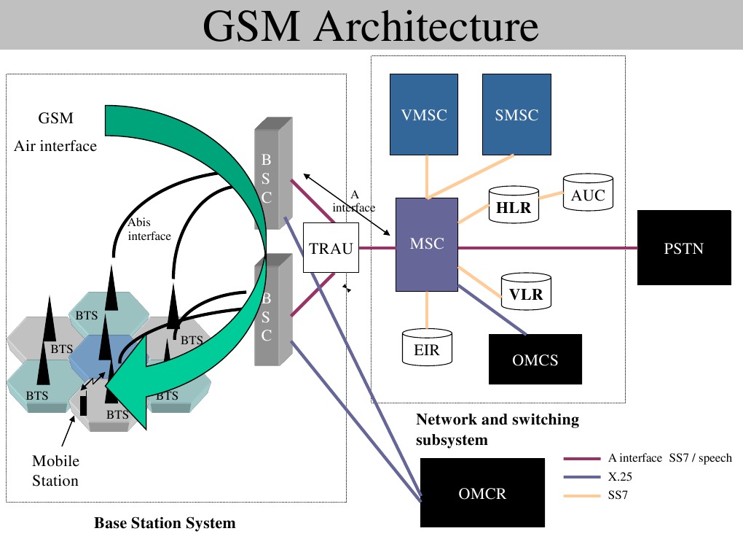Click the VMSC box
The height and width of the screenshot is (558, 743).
pos(424,115)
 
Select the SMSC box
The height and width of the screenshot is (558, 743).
pos(516,115)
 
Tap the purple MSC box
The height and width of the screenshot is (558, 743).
pos(426,244)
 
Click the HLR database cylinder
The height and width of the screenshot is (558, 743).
pos(514,204)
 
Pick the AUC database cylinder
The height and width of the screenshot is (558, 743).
pos(588,192)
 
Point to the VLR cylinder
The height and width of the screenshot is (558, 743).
pos(526,291)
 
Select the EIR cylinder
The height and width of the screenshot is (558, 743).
pos(427,347)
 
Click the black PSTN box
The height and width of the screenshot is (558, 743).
pos(684,248)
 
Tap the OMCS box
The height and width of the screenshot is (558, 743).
pos(535,359)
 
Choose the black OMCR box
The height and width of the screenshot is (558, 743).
pos(482,492)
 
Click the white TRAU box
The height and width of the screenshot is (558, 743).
pos(331,248)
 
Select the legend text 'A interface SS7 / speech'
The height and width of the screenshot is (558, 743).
pos(670,458)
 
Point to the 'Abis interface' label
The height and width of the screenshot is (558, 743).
pos(149,229)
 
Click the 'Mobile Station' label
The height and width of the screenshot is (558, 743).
pos(55,470)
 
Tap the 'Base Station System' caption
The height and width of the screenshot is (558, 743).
pos(165,523)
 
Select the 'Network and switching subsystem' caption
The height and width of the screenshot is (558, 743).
pos(498,430)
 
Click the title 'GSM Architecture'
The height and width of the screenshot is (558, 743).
pos(371,26)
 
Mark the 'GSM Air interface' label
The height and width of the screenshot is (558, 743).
pos(55,132)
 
